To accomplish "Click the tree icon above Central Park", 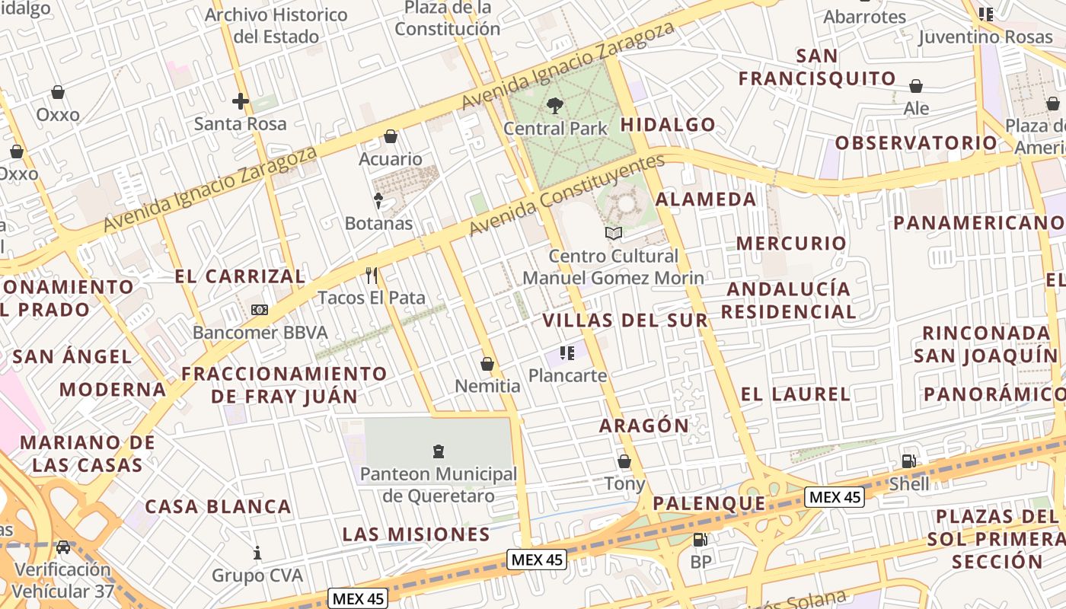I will pyautogui.click(x=555, y=106).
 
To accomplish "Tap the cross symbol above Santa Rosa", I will pyautogui.click(x=241, y=100).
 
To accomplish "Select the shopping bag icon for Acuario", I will pyautogui.click(x=391, y=136).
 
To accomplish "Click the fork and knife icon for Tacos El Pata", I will pyautogui.click(x=372, y=275).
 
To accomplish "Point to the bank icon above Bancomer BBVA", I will pyautogui.click(x=260, y=310).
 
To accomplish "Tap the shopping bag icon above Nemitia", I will pyautogui.click(x=487, y=364).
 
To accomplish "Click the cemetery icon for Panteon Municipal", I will pyautogui.click(x=439, y=451).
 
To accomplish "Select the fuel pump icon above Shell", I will pyautogui.click(x=908, y=461).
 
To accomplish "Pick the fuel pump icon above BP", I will pyautogui.click(x=700, y=540).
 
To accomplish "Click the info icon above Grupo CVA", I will pyautogui.click(x=257, y=553).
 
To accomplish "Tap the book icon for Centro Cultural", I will pyautogui.click(x=613, y=233).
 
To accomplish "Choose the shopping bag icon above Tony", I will pyautogui.click(x=624, y=461).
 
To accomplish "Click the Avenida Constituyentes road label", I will pyautogui.click(x=567, y=195).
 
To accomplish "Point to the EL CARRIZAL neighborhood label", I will pyautogui.click(x=240, y=276).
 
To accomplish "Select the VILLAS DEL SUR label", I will pyautogui.click(x=625, y=320).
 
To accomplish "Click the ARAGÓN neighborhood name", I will pyautogui.click(x=643, y=426).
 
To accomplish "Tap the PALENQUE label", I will pyautogui.click(x=709, y=503).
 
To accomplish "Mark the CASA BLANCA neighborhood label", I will pyautogui.click(x=218, y=507).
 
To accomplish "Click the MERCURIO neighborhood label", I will pyautogui.click(x=791, y=244).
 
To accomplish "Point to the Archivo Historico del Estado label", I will pyautogui.click(x=276, y=25).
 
